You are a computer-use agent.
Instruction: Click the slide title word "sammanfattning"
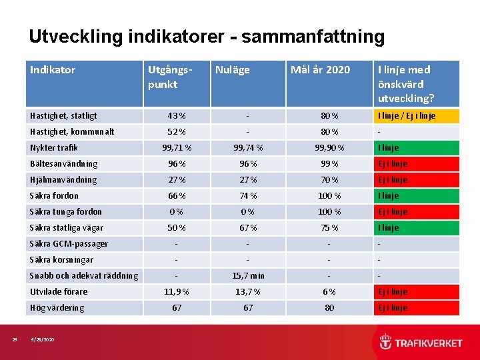pyautogui.click(x=313, y=37)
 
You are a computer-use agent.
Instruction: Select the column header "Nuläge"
pyautogui.click(x=232, y=70)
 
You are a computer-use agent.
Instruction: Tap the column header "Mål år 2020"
pyautogui.click(x=320, y=70)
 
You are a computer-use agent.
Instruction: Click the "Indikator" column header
pyautogui.click(x=53, y=70)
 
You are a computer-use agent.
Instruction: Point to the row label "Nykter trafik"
pyautogui.click(x=54, y=148)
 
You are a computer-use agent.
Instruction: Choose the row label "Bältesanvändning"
pyautogui.click(x=63, y=164)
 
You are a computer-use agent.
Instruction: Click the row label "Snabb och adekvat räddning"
pyautogui.click(x=84, y=276)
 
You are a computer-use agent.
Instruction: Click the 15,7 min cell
pyautogui.click(x=247, y=276)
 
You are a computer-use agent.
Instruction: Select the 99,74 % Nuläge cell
pyautogui.click(x=247, y=148)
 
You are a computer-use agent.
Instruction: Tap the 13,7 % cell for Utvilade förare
pyautogui.click(x=247, y=292)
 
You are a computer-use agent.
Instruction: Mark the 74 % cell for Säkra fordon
pyautogui.click(x=247, y=196)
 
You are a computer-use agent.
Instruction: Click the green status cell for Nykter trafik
pyautogui.click(x=416, y=148)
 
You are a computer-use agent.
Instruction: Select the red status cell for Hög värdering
pyautogui.click(x=416, y=308)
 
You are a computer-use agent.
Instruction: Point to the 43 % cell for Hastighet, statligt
pyautogui.click(x=177, y=116)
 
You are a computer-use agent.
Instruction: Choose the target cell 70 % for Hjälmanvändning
pyautogui.click(x=329, y=180)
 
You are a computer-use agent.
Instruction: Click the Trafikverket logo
pyautogui.click(x=421, y=343)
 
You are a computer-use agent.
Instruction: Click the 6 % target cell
pyautogui.click(x=329, y=292)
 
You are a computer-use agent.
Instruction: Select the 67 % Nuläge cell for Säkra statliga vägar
pyautogui.click(x=247, y=228)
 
